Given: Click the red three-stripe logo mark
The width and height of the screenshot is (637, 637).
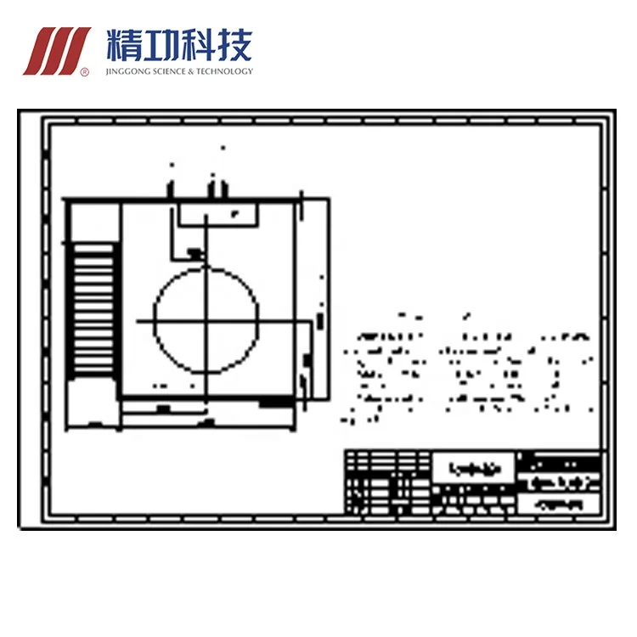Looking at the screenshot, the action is (x=56, y=50).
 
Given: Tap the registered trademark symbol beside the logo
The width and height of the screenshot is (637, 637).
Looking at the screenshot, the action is (x=84, y=72).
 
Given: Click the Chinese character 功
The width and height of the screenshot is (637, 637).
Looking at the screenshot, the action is (x=159, y=43).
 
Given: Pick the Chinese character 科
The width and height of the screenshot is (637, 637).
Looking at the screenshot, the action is (x=196, y=43).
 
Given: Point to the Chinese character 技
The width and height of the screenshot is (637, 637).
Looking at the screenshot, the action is (x=234, y=43).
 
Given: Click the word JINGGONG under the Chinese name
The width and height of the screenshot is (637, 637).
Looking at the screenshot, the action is (x=130, y=71).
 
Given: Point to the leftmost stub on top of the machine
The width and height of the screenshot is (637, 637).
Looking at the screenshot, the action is (x=172, y=188).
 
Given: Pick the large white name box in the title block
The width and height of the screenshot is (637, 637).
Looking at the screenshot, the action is (x=474, y=467).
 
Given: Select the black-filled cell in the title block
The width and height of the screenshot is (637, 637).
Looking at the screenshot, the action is (x=560, y=463).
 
